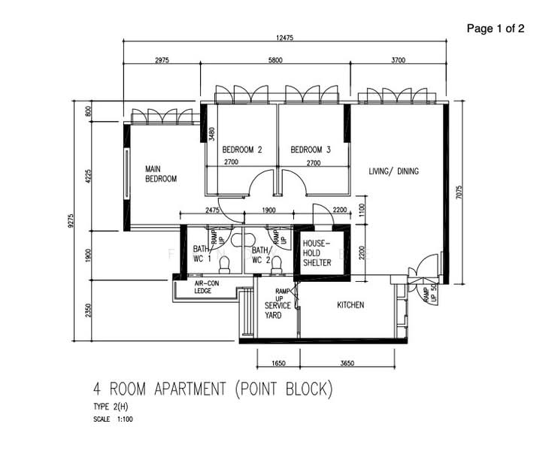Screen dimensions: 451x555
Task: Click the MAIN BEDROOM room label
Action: point(161,174)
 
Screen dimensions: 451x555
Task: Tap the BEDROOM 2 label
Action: point(242,150)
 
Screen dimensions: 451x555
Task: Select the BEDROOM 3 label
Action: point(311,150)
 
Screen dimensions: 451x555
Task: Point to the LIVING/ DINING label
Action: point(393,171)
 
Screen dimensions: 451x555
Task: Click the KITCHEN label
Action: point(350,305)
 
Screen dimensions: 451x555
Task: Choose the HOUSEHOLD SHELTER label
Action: point(317,253)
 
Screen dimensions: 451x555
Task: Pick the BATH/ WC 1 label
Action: point(201,255)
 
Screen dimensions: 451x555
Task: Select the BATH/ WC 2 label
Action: point(261,255)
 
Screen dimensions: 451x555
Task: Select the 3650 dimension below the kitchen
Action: point(347,364)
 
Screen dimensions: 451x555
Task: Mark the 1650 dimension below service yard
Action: point(277,364)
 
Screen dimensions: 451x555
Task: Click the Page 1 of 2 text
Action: point(496,29)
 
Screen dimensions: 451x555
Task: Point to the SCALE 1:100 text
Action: point(114,419)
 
